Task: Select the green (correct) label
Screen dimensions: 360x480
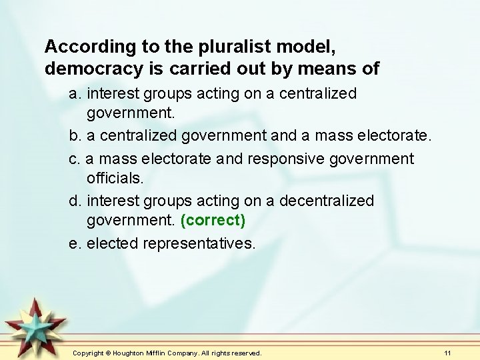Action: [x=213, y=219]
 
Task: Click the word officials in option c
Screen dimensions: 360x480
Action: [x=115, y=178]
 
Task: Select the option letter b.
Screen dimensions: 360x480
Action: [x=75, y=137]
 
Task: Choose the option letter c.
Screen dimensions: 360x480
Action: [x=74, y=159]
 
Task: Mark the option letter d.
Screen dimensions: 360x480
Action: [x=75, y=201]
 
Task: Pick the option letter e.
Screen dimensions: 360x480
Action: [x=75, y=243]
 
